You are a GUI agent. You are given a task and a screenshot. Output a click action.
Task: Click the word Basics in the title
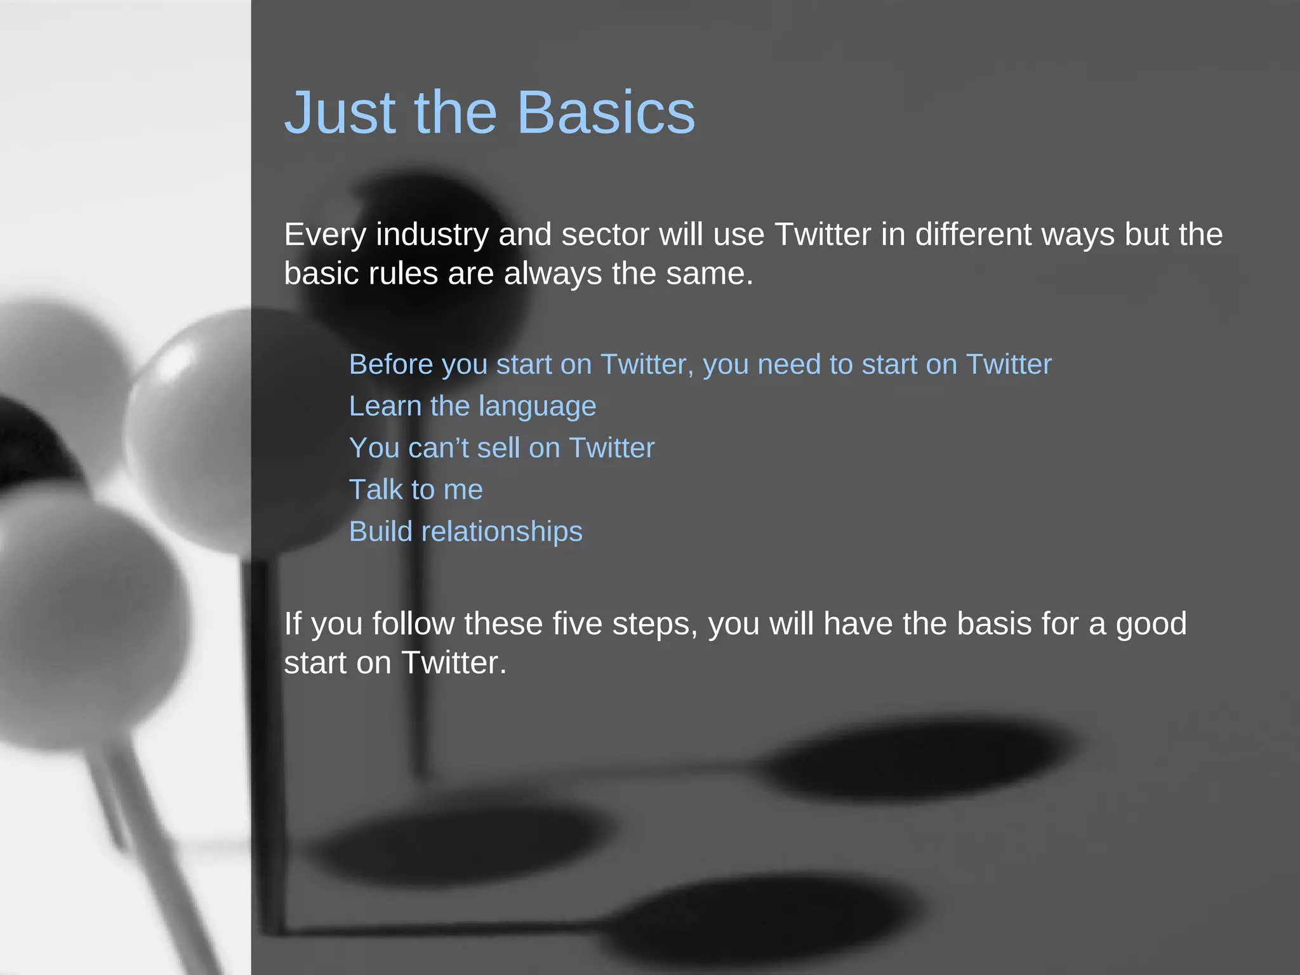click(x=606, y=113)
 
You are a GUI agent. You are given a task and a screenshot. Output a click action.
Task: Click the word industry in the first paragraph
click(x=432, y=235)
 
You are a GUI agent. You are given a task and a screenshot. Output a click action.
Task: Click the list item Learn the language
click(x=472, y=407)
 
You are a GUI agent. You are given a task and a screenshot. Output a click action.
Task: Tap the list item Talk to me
click(x=416, y=490)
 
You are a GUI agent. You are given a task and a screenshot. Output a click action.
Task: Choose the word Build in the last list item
click(x=380, y=532)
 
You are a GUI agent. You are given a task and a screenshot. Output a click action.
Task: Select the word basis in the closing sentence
click(x=994, y=624)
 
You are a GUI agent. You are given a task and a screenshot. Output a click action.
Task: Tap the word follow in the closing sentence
click(x=413, y=624)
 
